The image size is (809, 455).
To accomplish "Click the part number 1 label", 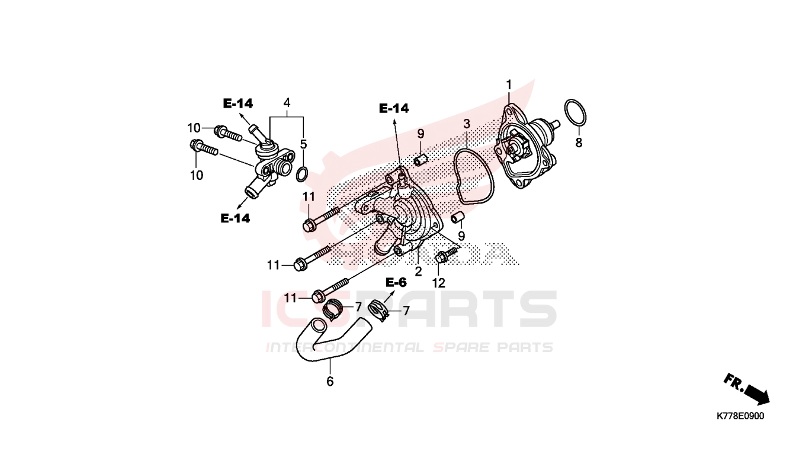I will (508, 85).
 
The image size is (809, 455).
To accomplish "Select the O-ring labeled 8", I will (576, 112).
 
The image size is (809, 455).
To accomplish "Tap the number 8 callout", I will (579, 143).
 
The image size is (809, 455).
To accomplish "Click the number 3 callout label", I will (467, 124).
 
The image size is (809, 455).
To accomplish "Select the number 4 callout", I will (287, 103).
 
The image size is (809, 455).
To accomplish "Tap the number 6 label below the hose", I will (330, 382).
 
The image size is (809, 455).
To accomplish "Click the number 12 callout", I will (438, 283).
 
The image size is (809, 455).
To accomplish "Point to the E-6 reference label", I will (396, 282).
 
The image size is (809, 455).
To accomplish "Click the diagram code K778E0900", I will (740, 416).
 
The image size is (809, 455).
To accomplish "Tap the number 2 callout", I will (418, 272).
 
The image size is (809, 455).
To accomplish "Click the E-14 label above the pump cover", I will (394, 108).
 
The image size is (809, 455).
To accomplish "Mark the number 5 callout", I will (303, 144).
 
